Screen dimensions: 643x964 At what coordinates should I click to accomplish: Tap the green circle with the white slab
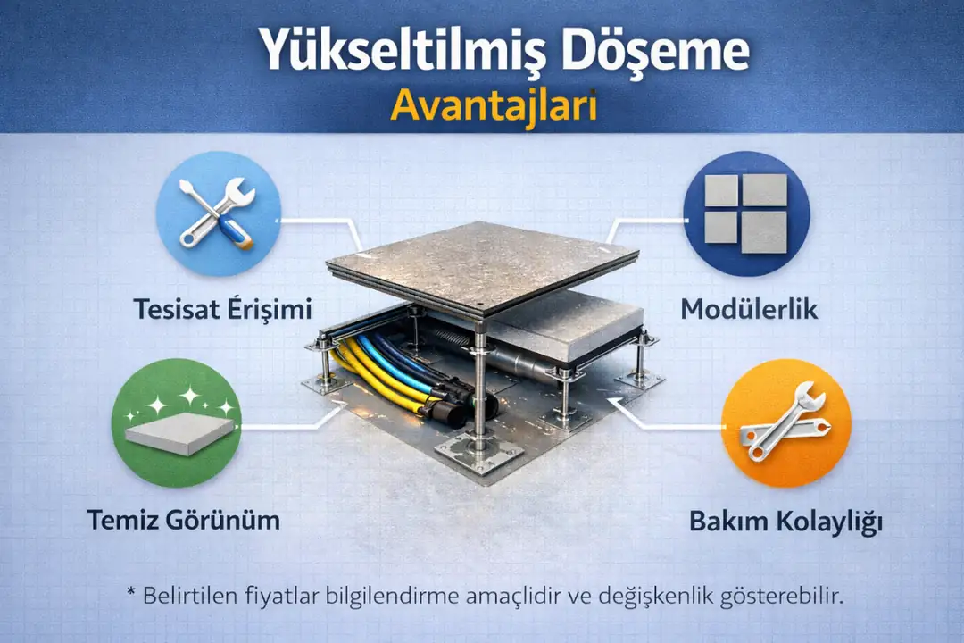point(176,422)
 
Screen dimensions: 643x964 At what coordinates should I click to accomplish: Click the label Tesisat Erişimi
point(222,310)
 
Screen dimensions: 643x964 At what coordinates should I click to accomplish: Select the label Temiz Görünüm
point(183,519)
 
